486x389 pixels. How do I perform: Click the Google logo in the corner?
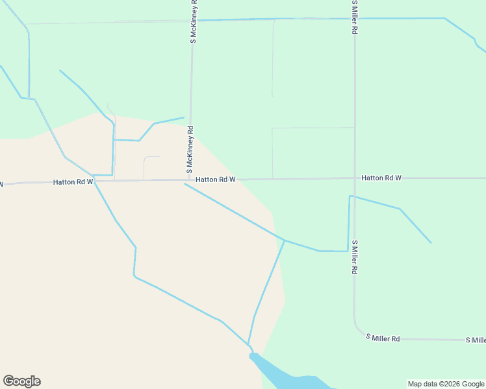[x=21, y=381]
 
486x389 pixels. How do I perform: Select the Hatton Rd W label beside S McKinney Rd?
[x=215, y=179]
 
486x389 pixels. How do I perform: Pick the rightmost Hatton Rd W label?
[x=381, y=178]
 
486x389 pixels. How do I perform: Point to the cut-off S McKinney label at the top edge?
[x=194, y=23]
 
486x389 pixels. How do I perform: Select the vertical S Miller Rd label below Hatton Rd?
[x=355, y=259]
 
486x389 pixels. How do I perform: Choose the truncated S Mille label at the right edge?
[x=476, y=340]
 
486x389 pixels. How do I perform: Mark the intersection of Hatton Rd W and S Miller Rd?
[x=355, y=178]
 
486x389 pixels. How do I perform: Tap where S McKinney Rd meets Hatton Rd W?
[x=189, y=180]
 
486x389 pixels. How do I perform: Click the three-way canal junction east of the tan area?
[x=285, y=241]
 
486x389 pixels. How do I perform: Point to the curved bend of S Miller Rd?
[x=357, y=328]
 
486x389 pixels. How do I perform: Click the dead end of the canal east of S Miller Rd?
[x=431, y=243]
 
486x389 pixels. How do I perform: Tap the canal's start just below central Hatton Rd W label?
[x=185, y=184]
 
